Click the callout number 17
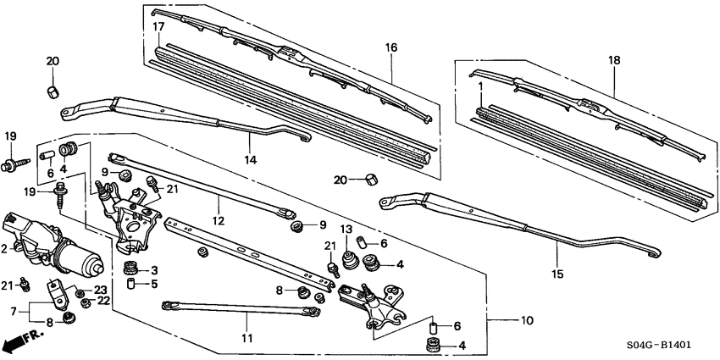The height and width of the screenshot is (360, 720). point(158,27)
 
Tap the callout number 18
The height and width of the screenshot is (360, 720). point(614,61)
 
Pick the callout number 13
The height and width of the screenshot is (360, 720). point(346,230)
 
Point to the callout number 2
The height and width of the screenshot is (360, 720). point(6,248)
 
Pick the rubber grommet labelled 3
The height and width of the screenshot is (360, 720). point(130,270)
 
